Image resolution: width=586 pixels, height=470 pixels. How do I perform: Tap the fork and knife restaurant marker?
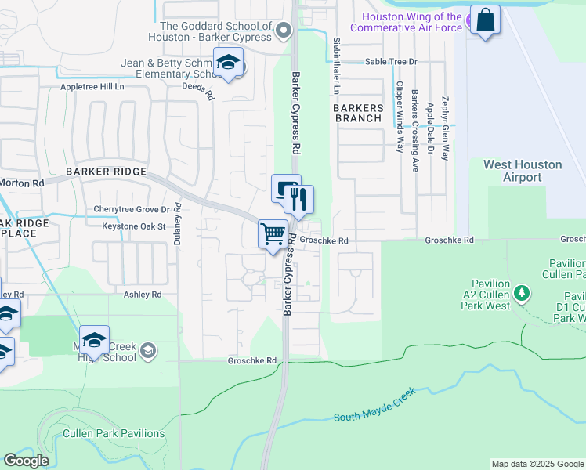tap(298, 200)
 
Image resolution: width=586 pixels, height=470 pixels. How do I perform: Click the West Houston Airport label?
tap(523, 171)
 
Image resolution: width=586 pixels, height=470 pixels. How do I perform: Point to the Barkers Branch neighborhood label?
tap(358, 113)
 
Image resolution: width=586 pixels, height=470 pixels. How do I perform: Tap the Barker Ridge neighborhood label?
tap(107, 172)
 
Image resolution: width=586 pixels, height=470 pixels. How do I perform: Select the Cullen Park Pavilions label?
tap(114, 433)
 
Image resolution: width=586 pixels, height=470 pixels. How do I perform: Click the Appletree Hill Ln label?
tap(92, 88)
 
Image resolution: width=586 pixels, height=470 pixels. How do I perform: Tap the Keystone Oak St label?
tap(134, 226)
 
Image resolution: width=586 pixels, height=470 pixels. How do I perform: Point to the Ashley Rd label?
tap(142, 295)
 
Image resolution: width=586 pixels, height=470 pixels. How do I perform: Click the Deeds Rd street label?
tap(197, 93)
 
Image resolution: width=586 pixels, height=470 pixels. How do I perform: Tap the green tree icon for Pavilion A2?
tap(523, 295)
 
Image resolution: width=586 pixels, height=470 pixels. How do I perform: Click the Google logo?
tap(27, 461)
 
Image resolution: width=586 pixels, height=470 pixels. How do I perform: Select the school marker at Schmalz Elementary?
tap(228, 63)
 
